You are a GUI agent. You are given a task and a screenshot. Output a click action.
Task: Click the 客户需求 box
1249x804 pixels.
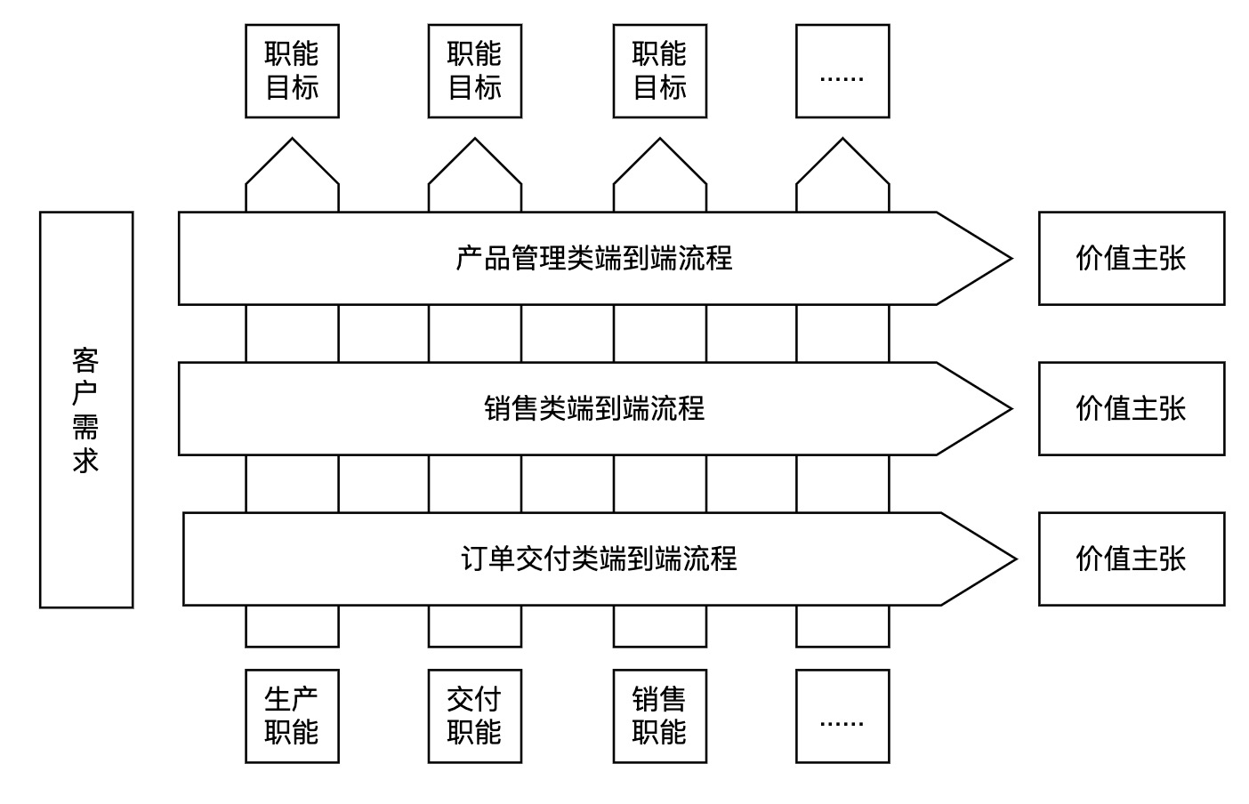(86, 409)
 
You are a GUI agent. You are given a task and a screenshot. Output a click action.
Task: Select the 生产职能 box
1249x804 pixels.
(292, 716)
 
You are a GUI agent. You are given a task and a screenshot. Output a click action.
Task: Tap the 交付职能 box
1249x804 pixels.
(474, 716)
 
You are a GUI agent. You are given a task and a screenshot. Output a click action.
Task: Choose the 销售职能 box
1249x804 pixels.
(659, 716)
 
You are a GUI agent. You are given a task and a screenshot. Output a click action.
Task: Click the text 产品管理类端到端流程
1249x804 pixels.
(593, 259)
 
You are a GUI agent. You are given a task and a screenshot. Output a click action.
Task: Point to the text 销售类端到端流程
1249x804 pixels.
(593, 409)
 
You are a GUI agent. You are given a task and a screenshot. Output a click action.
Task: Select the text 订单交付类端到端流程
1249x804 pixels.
(599, 559)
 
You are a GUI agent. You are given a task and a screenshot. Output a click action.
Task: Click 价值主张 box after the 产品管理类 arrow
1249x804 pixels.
(1131, 259)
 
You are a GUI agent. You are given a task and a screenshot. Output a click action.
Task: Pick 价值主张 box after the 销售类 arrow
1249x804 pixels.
(1131, 409)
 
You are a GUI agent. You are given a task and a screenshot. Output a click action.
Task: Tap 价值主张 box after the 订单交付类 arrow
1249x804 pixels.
(1131, 559)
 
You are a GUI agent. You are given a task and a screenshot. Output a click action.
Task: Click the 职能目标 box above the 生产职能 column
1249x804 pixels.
(292, 71)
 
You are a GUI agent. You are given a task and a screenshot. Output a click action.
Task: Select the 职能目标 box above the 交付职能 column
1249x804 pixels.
(474, 71)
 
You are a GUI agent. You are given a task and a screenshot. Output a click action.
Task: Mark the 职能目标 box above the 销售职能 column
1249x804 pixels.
(659, 71)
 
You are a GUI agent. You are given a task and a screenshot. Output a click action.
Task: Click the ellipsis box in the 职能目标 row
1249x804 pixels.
(842, 71)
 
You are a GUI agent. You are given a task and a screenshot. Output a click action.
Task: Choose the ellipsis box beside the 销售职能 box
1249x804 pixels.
(842, 716)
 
